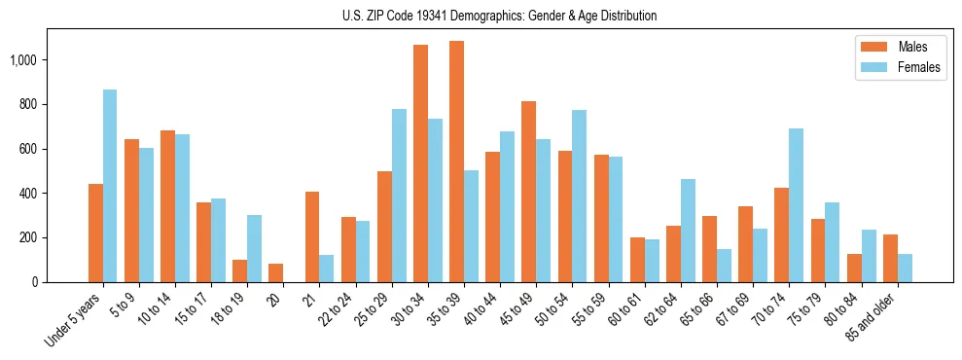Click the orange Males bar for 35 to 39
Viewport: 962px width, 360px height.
456,162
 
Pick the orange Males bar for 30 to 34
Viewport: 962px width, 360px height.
420,163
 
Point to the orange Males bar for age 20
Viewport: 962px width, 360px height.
275,272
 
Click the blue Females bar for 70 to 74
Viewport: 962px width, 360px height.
796,205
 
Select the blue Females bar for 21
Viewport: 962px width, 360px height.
326,269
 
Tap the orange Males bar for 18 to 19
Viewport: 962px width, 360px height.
239,270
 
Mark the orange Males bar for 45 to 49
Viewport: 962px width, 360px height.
528,192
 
